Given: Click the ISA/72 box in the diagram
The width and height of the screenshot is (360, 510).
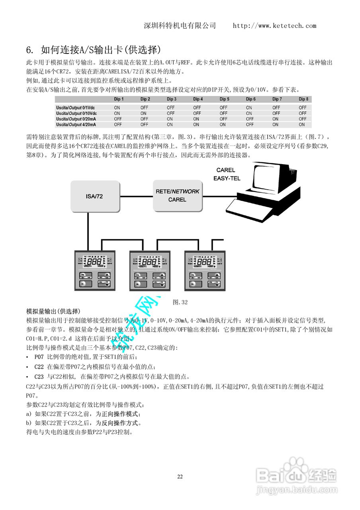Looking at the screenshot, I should [95, 196].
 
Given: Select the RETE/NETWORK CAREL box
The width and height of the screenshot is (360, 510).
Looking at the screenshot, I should [177, 195].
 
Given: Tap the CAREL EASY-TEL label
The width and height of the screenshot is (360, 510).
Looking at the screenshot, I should [227, 174].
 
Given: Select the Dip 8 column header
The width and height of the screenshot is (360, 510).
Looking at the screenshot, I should [303, 99].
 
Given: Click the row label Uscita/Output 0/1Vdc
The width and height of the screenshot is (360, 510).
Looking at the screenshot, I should [76, 108].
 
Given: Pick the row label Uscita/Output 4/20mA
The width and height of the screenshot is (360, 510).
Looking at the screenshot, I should [76, 124].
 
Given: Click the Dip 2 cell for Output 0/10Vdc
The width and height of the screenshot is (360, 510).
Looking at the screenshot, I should [144, 113].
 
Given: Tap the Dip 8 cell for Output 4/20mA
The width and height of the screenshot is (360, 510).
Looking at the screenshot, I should [302, 124].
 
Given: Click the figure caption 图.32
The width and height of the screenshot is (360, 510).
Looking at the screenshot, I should [180, 302].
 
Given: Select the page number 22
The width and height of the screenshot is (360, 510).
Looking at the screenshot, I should [180, 477].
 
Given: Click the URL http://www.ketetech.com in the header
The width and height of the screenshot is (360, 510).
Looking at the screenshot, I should [274, 26].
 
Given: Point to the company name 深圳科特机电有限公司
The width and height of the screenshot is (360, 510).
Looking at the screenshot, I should [180, 26].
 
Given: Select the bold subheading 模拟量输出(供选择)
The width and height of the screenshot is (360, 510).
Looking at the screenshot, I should [53, 311].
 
